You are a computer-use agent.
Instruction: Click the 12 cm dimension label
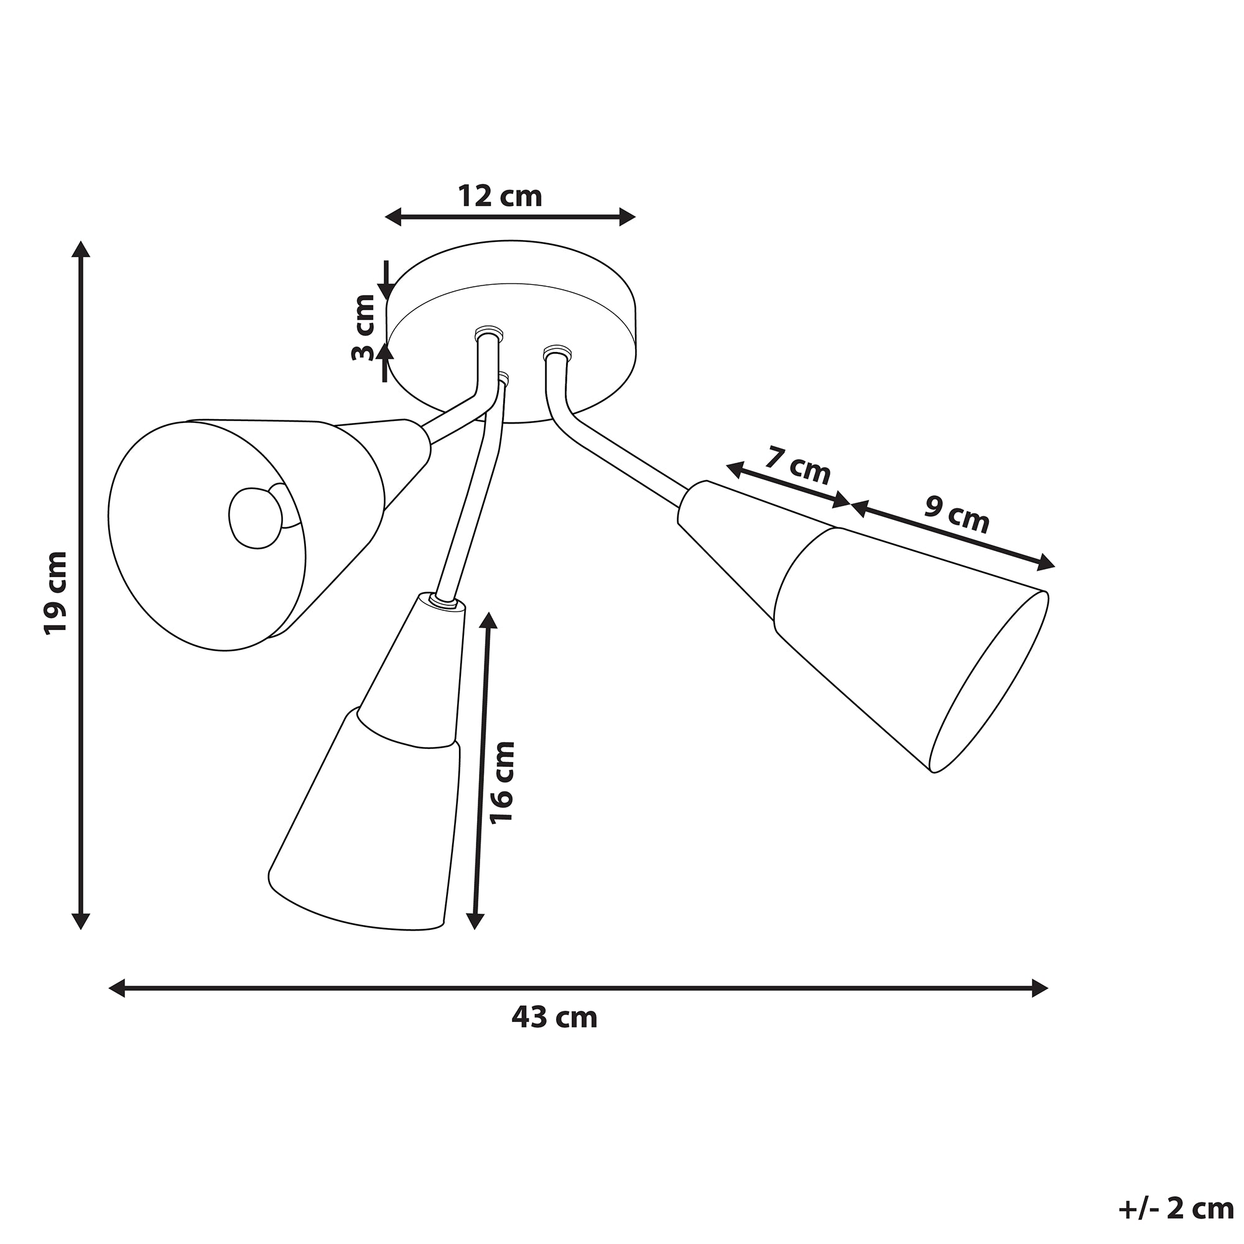(x=499, y=196)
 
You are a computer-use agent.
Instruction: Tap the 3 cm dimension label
(x=364, y=327)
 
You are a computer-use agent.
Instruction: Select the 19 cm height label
(x=55, y=592)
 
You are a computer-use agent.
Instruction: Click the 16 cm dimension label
(x=502, y=782)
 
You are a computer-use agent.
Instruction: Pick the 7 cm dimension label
(x=798, y=465)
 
